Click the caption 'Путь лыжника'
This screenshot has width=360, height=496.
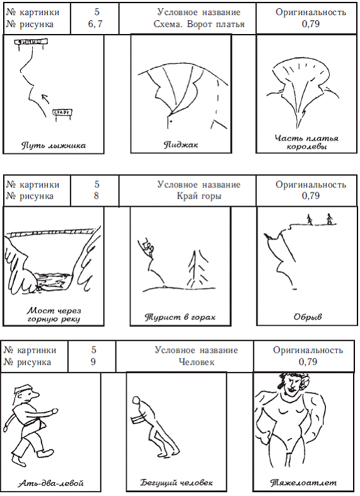tap(53, 146)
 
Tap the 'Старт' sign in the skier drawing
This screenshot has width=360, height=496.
tap(62, 113)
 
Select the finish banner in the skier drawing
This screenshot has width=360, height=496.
tap(31, 42)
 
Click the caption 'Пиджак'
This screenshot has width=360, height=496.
tap(181, 145)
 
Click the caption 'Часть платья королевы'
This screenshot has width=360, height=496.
tap(306, 142)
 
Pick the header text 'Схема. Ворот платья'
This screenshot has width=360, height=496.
tap(199, 24)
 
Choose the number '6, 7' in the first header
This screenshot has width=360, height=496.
tap(95, 24)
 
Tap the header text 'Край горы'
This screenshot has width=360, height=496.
tap(199, 196)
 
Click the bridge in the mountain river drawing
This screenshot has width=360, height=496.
tap(51, 233)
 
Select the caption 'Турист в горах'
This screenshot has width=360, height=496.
tap(180, 317)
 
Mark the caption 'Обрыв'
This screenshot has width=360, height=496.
tap(308, 316)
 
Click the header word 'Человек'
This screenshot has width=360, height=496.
tap(197, 362)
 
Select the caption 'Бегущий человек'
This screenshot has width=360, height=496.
tap(177, 483)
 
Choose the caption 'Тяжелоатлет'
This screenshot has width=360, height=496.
tap(303, 483)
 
